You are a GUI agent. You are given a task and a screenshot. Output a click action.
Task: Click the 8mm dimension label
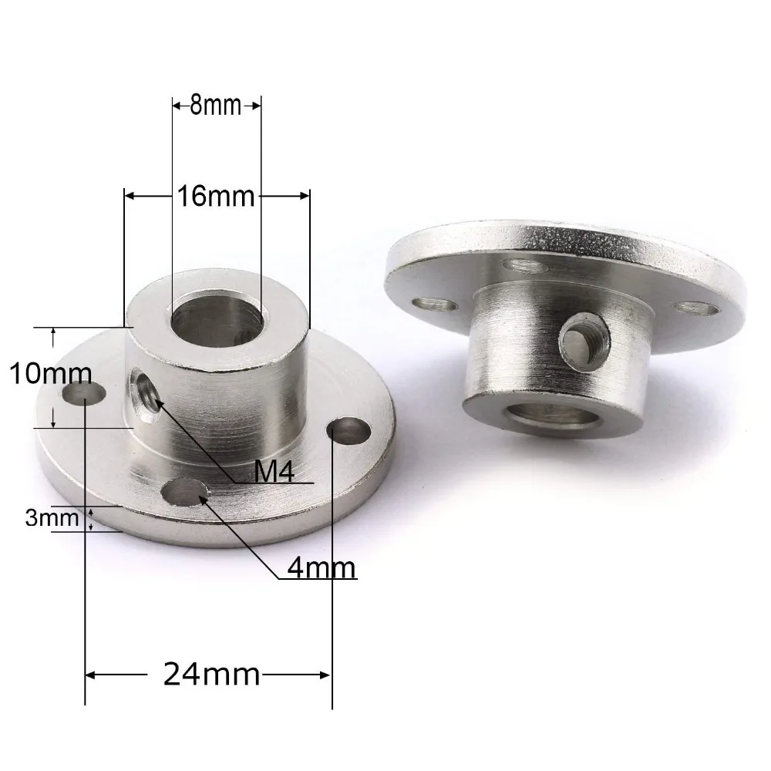click(x=217, y=106)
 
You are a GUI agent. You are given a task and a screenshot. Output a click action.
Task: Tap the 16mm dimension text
click(x=216, y=197)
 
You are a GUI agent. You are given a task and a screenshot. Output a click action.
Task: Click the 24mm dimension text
click(x=212, y=675)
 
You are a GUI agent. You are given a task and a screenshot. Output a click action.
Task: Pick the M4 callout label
click(x=274, y=472)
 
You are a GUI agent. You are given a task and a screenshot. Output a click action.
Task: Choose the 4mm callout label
click(x=321, y=568)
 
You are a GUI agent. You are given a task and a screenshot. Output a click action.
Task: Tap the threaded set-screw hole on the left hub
click(x=145, y=391)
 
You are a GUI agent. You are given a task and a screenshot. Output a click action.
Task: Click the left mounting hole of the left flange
click(x=83, y=396)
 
